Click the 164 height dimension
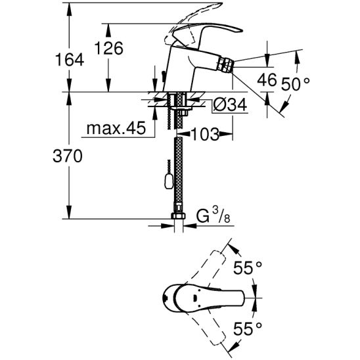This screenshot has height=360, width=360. click(x=70, y=60)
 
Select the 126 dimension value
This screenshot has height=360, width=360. click(x=108, y=48)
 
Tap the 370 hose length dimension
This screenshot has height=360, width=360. click(x=68, y=156)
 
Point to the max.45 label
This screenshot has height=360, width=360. click(x=116, y=128)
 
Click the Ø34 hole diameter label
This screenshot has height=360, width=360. click(x=230, y=105)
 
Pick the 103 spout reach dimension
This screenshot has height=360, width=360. click(x=205, y=134)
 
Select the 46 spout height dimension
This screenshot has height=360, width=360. click(x=267, y=80)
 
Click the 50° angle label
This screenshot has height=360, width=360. click(x=296, y=83)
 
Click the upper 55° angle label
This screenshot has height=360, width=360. click(x=248, y=268)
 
